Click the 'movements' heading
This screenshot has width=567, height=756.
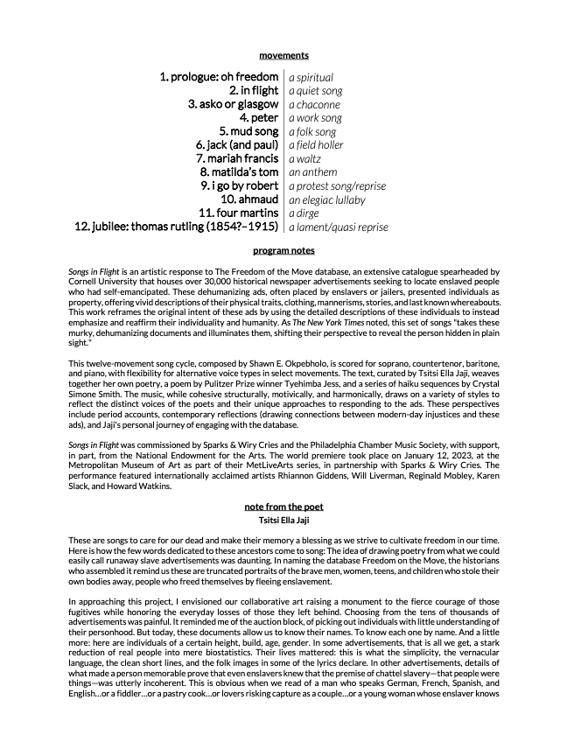pos(283,55)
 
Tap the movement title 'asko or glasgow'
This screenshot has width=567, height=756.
pos(233,104)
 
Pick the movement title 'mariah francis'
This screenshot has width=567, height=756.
pos(238,158)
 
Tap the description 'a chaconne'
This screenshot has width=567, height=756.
pos(314,105)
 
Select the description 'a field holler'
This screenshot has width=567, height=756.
pos(316,145)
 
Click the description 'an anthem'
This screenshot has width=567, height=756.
pos(312,172)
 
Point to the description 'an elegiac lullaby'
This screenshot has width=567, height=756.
pos(326,199)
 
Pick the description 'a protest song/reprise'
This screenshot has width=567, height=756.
pos(337,186)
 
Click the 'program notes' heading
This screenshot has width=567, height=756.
pos(283,250)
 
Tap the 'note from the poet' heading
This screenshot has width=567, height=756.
pos(283,507)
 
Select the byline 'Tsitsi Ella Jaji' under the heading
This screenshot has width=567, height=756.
pos(283,519)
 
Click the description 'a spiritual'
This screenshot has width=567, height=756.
pos(311,78)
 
